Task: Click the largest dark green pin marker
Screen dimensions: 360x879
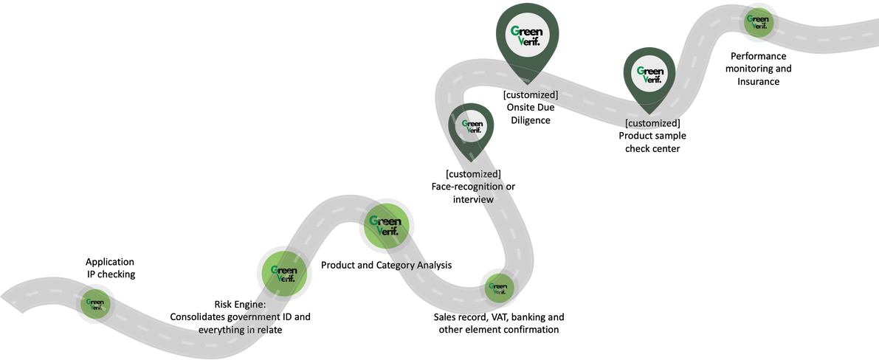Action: tap(527, 35)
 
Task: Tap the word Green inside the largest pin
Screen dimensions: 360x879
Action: tap(527, 30)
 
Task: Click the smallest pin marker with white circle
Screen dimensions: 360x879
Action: tap(472, 126)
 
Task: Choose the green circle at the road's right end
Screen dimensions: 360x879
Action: tap(758, 22)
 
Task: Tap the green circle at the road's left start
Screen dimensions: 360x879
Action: tap(95, 302)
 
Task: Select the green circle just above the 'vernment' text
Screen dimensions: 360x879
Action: tap(284, 274)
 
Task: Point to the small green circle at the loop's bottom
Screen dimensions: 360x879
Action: tap(498, 287)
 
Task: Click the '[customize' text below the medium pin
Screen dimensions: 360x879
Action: tap(647, 122)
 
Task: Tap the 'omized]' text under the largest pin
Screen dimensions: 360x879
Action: tap(540, 94)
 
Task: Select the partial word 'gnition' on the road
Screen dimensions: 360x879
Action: tap(484, 187)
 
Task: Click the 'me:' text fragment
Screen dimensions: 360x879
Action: tap(254, 304)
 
